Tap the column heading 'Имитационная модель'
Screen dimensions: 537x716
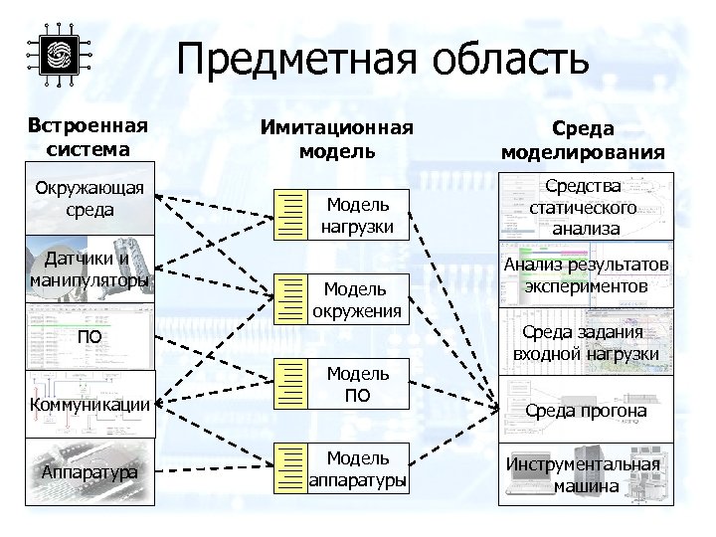point(337,139)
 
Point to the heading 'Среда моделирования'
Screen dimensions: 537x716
point(583,141)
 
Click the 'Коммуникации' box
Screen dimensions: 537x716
point(89,404)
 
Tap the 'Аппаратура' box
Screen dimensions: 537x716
point(89,471)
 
